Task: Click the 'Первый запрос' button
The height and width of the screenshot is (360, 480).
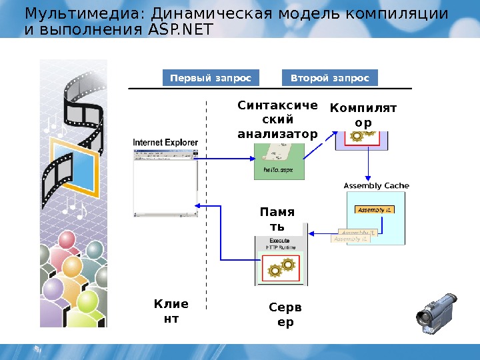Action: click(x=211, y=78)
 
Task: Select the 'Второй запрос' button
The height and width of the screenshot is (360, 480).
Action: click(x=330, y=78)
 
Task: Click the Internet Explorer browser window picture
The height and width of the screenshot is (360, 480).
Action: click(x=165, y=182)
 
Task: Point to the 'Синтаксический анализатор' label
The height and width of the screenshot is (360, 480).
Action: click(x=277, y=120)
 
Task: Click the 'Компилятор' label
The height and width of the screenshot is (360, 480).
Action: click(x=363, y=115)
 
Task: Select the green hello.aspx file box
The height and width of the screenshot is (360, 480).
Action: click(x=279, y=166)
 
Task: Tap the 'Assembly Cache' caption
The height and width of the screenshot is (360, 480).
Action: click(x=376, y=185)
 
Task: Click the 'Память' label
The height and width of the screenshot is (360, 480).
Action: click(x=277, y=219)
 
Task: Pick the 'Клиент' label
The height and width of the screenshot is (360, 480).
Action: click(x=171, y=311)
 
